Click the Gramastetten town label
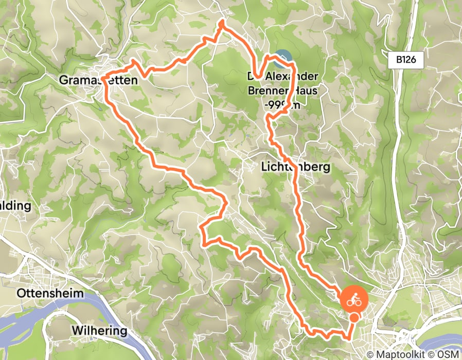[99, 80]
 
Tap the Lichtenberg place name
[294, 167]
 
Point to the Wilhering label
[100, 330]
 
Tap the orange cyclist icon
[353, 299]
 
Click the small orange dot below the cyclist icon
[354, 317]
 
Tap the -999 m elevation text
[282, 104]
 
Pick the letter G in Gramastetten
[64, 80]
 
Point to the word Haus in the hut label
[304, 91]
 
